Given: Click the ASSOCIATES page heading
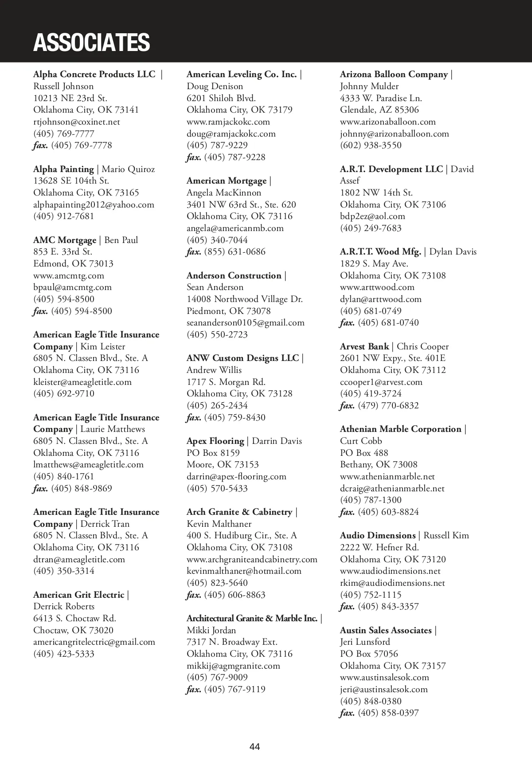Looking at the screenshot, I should pos(91,42).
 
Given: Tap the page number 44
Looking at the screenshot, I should pos(254,747).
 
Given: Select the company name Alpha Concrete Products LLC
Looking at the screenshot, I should pos(94,74).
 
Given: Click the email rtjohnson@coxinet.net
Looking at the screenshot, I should pos(76,121).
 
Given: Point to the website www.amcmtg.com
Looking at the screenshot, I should pos(68,275).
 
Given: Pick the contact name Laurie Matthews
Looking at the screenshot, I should pos(113,429).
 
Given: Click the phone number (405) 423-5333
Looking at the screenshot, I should pos(64,654).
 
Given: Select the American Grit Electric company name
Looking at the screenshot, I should pos(78,595).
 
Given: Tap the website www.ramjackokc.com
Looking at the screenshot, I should pos(228,121).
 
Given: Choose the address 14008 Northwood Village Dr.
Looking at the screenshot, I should pos(244,299).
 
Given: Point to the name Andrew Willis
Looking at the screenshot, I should pos(214,370).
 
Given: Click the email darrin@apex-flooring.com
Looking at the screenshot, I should pos(236,476).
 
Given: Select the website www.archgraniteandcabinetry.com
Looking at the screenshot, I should pos(252,559).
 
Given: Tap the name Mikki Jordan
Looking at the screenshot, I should pos(211,630).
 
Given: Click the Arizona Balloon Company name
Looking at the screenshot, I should pos(394,74).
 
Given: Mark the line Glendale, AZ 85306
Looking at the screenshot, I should pos(379,110).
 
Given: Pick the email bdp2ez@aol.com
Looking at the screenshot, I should pos(372,216).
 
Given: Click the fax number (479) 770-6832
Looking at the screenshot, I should pos(388,405).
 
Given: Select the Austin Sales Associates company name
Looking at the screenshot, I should pos(386,630).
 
